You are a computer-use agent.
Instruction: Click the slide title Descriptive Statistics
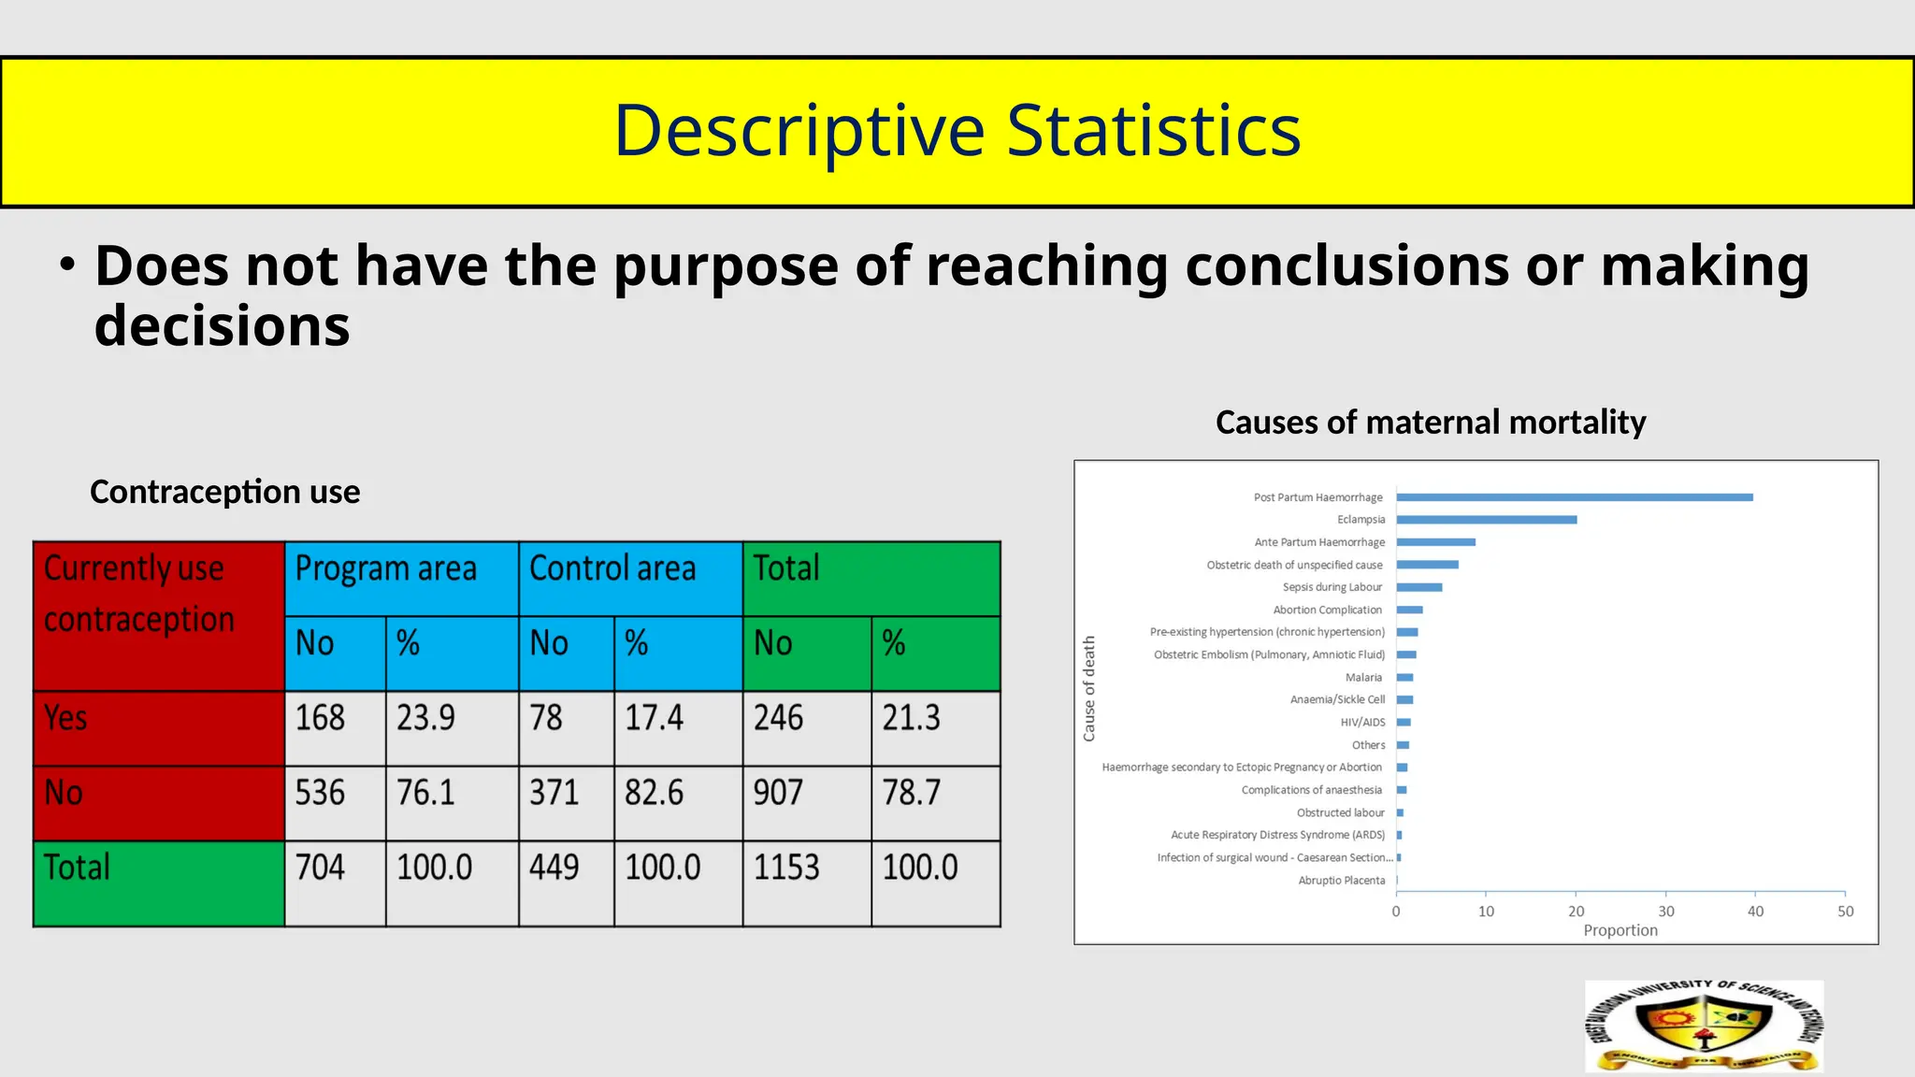pyautogui.click(x=957, y=131)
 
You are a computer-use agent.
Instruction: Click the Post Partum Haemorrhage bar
pyautogui.click(x=1574, y=497)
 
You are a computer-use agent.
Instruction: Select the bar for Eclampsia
pyautogui.click(x=1486, y=520)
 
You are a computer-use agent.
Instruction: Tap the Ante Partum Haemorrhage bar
pyautogui.click(x=1435, y=542)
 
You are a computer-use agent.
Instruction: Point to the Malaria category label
pyautogui.click(x=1363, y=678)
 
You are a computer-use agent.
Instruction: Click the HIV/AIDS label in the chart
pyautogui.click(x=1362, y=723)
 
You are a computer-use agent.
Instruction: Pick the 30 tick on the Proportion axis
pyautogui.click(x=1665, y=912)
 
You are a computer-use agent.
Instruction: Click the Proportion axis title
pyautogui.click(x=1620, y=930)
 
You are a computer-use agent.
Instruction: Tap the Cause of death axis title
pyautogui.click(x=1088, y=689)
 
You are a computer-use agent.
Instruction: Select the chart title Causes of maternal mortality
pyautogui.click(x=1430, y=423)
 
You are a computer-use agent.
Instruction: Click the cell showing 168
pyautogui.click(x=321, y=718)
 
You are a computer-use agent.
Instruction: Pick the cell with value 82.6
pyautogui.click(x=655, y=793)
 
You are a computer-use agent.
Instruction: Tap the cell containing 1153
pyautogui.click(x=786, y=868)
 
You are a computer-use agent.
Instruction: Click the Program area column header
pyautogui.click(x=386, y=568)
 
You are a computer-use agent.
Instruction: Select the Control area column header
pyautogui.click(x=612, y=568)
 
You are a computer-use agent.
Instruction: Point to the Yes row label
pyautogui.click(x=65, y=718)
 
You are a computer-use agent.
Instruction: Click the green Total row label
pyautogui.click(x=77, y=868)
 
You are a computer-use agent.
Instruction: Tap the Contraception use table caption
pyautogui.click(x=224, y=492)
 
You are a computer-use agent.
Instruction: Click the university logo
pyautogui.click(x=1704, y=1026)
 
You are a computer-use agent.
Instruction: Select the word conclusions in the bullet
pyautogui.click(x=1346, y=266)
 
